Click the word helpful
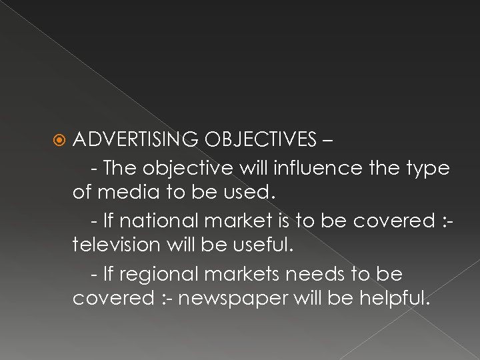pos(393,299)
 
